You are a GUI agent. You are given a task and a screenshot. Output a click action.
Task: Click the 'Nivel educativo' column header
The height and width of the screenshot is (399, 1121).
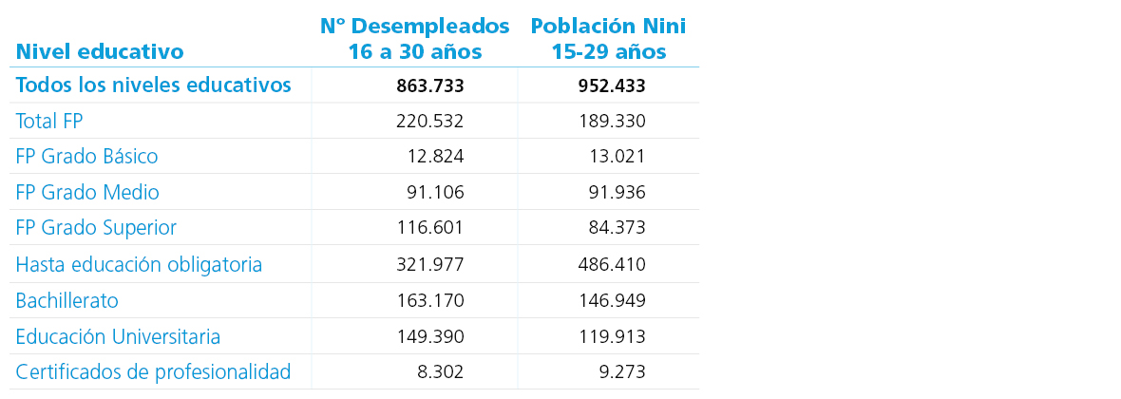point(100,51)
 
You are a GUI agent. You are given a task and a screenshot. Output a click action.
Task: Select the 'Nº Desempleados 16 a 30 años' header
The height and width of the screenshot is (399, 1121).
point(414,39)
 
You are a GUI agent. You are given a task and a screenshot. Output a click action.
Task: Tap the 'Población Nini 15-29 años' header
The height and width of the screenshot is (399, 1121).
point(608,39)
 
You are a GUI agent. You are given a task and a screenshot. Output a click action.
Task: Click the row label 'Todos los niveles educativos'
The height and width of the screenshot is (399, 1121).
point(153,85)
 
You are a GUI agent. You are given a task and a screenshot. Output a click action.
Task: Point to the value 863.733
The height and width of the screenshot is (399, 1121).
point(429,86)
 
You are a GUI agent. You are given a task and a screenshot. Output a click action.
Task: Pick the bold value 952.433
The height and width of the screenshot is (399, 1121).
point(612,86)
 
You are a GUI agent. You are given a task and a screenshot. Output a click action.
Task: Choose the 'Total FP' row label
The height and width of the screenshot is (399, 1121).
point(55,122)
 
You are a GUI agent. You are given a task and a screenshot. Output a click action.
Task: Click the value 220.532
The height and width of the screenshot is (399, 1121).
point(429,122)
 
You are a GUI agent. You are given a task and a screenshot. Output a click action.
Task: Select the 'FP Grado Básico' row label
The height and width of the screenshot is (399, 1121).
point(86,157)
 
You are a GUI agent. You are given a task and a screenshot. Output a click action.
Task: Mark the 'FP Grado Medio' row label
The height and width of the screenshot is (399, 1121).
point(87,193)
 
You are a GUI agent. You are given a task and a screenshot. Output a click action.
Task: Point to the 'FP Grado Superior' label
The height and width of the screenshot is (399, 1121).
point(96,228)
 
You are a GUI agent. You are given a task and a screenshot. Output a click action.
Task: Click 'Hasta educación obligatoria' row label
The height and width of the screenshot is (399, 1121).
point(139,265)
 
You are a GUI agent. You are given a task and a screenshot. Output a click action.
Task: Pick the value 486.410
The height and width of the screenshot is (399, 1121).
point(612,265)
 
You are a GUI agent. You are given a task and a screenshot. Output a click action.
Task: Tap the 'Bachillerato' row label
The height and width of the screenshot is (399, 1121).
point(66,301)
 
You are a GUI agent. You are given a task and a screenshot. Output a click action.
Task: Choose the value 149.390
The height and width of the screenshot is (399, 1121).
point(429,337)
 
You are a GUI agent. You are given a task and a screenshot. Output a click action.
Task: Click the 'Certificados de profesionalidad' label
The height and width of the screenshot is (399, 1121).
point(153,372)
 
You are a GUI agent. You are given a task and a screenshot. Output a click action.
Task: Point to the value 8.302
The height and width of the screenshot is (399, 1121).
point(440,372)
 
